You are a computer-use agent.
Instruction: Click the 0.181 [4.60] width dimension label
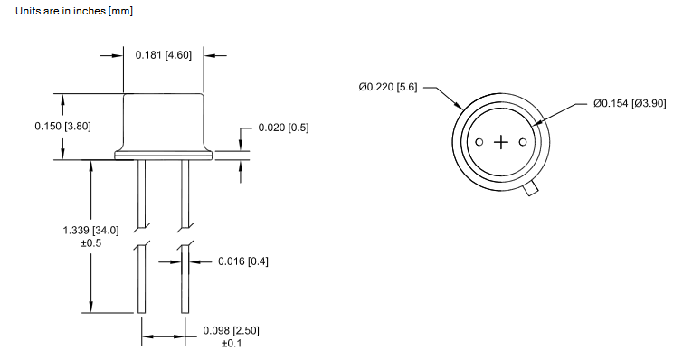[164, 55]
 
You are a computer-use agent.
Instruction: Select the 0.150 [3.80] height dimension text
[62, 126]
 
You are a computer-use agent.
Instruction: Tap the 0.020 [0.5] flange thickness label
[283, 128]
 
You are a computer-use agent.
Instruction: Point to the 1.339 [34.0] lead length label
[91, 231]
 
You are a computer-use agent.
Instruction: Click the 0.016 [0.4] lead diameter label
[243, 261]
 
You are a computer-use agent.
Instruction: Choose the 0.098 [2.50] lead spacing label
[232, 330]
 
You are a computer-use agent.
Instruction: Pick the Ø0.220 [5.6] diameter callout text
[388, 87]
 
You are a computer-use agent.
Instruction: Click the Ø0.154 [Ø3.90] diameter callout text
[630, 103]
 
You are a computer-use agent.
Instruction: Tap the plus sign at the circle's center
[501, 142]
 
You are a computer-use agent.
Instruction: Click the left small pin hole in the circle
[479, 142]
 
